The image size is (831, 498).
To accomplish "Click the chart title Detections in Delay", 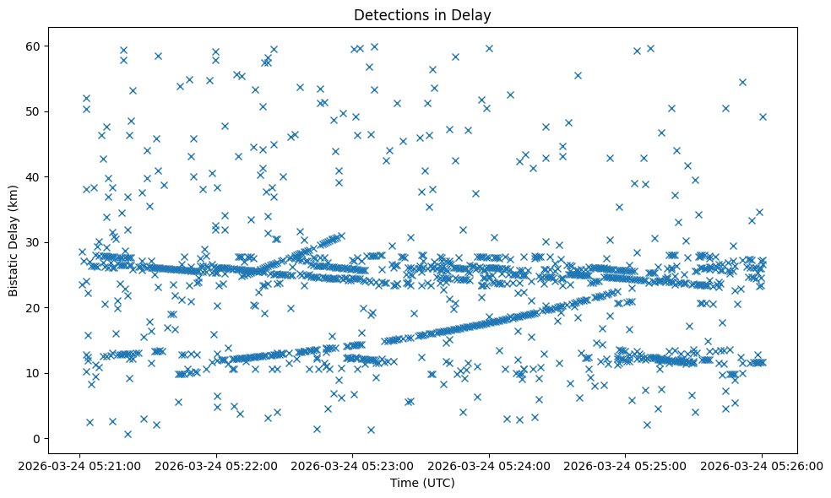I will [x=421, y=15].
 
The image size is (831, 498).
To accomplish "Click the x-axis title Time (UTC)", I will [x=421, y=483].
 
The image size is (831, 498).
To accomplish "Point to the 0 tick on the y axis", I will [x=38, y=439].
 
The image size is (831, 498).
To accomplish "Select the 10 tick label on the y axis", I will [x=35, y=373].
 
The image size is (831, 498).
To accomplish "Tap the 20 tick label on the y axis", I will [x=35, y=308].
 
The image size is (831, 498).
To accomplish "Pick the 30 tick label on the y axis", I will [x=35, y=242].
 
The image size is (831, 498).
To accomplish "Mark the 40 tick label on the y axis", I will [x=35, y=177].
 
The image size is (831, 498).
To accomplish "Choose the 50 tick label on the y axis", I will [x=35, y=111].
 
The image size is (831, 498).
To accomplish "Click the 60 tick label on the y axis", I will [x=35, y=46].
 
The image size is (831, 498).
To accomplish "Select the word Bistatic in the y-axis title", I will [x=14, y=268].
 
